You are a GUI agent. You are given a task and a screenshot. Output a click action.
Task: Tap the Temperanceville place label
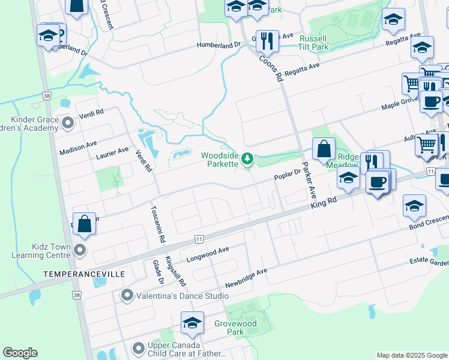(84, 274)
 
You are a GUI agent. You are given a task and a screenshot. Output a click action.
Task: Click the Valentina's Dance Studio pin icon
(127, 295)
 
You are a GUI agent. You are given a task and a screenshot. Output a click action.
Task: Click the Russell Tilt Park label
(314, 41)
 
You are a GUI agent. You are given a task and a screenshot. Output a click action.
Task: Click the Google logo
(20, 353)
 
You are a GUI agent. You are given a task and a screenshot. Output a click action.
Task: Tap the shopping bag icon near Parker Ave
(324, 149)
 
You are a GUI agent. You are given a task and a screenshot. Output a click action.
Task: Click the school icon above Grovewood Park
(192, 323)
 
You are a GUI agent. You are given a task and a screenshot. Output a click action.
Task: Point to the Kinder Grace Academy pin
(68, 124)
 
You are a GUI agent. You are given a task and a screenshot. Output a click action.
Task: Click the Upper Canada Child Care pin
(139, 347)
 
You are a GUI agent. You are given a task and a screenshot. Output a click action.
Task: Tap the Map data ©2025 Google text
(411, 355)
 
